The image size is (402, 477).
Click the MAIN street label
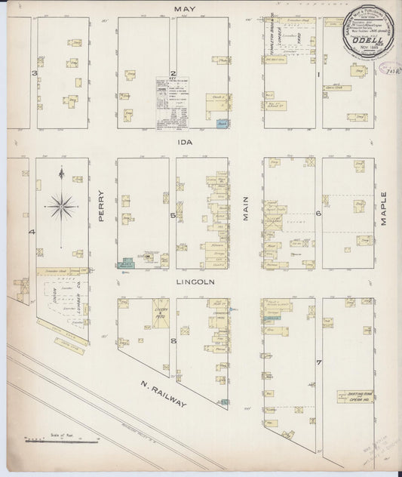(245, 210)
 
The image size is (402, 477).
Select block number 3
(33, 73)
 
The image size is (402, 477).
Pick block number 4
(32, 232)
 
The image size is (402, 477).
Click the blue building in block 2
(220, 123)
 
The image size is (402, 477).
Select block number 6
(319, 213)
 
